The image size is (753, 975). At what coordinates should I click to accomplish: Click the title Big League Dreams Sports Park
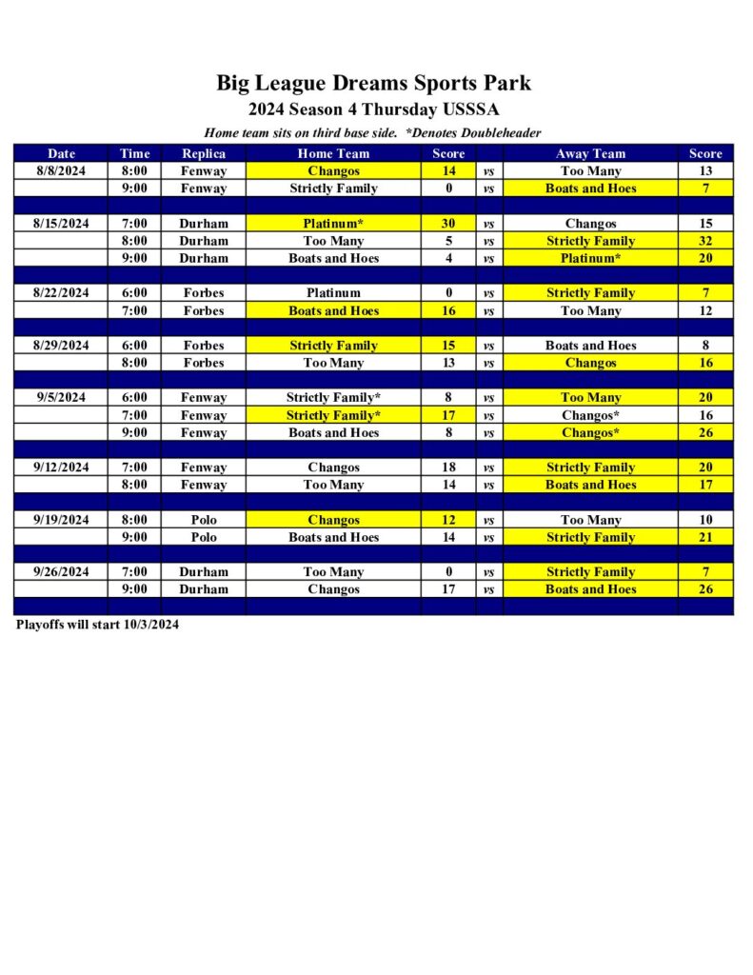[373, 83]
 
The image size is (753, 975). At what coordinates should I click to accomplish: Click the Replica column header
[204, 153]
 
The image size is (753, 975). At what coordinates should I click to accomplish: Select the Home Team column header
[333, 153]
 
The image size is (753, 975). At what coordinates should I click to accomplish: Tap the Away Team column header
[590, 153]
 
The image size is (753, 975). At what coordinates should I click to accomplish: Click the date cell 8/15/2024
[61, 224]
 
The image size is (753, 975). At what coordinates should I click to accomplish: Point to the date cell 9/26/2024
[61, 572]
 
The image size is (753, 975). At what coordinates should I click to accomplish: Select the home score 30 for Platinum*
[448, 224]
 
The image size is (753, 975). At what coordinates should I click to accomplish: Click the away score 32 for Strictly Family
[705, 241]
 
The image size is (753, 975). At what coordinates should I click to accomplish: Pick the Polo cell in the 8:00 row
[204, 520]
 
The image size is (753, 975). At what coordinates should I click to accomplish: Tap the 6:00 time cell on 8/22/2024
[134, 293]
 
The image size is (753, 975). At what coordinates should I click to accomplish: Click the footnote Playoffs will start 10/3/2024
[97, 626]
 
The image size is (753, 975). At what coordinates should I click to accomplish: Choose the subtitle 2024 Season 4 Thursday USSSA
[373, 109]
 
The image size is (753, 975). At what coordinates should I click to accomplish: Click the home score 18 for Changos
[448, 468]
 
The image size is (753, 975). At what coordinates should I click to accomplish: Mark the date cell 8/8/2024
[61, 171]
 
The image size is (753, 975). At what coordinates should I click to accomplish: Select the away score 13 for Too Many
[705, 171]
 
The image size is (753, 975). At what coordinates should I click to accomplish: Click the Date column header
[61, 153]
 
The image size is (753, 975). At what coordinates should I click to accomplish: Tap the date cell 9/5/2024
[61, 398]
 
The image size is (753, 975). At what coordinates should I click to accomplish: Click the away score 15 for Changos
[705, 224]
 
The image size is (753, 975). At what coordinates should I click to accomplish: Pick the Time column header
[134, 153]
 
